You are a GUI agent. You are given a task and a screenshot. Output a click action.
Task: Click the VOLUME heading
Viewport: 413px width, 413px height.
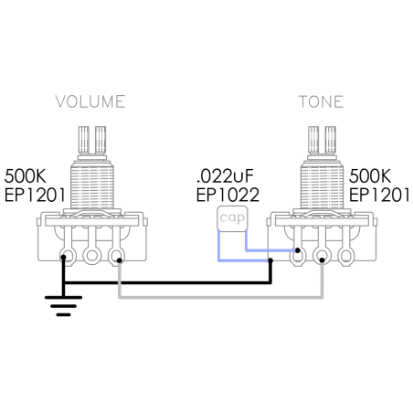tap(90, 101)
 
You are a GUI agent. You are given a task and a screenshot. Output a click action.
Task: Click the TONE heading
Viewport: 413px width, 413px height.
tap(321, 101)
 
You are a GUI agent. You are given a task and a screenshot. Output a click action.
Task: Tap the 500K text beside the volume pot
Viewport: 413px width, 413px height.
tap(25, 175)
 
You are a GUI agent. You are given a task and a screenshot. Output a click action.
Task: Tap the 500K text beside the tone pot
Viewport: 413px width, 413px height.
tap(370, 175)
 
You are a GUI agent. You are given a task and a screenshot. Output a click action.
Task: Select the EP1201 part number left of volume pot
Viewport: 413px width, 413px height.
tap(35, 195)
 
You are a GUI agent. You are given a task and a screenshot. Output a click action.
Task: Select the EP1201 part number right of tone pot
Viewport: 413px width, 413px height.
tap(379, 195)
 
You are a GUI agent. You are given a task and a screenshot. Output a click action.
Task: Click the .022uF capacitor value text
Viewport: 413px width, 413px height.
tap(226, 175)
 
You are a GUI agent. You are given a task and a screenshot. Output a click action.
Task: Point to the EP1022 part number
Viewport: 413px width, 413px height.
tap(228, 195)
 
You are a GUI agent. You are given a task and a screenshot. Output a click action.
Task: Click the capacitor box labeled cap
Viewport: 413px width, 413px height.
tap(232, 218)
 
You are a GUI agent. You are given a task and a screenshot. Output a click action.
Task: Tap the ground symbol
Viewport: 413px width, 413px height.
tap(63, 306)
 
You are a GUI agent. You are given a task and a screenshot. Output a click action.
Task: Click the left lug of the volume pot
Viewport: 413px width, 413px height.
tap(68, 255)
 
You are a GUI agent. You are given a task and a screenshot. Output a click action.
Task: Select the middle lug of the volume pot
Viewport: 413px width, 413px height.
tap(91, 255)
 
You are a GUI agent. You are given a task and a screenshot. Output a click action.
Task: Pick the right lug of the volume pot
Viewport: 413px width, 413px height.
tap(116, 255)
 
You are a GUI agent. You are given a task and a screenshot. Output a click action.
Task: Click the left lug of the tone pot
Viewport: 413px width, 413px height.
tap(298, 255)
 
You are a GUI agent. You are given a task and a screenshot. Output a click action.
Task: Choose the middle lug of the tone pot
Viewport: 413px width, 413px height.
tap(322, 255)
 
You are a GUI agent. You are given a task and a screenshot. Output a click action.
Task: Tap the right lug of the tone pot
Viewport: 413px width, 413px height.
tap(346, 255)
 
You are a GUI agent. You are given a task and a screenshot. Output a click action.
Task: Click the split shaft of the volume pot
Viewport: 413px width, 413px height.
tap(92, 140)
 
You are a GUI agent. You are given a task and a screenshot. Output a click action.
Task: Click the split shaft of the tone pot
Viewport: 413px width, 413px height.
tap(322, 140)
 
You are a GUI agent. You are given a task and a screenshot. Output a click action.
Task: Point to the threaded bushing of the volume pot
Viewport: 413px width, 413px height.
tap(92, 185)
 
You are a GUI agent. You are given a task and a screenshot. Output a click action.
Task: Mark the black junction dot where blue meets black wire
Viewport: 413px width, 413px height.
tap(270, 260)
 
